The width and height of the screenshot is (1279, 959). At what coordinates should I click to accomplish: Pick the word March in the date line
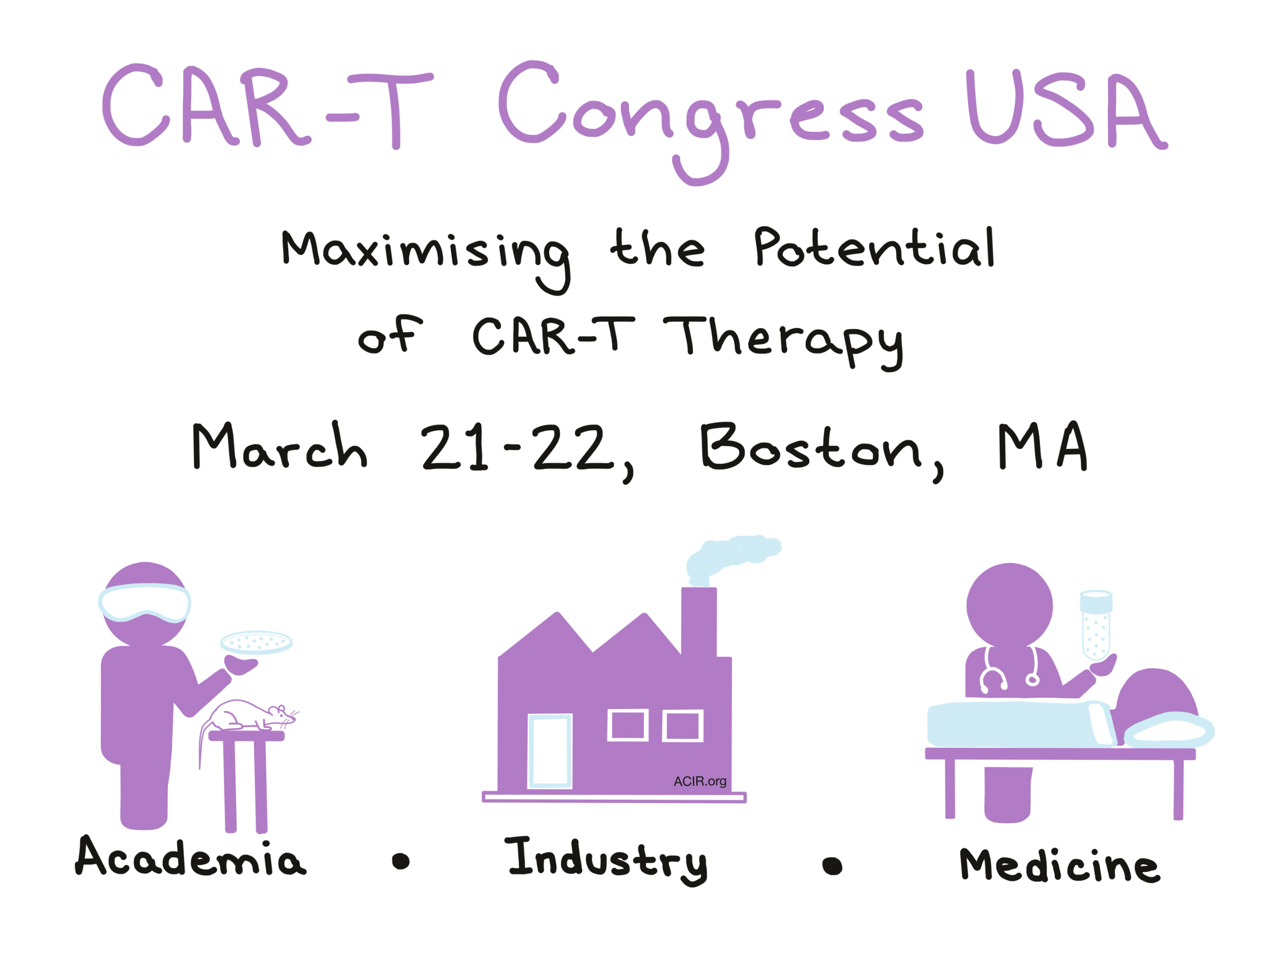click(x=280, y=445)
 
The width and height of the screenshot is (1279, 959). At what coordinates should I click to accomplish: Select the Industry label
click(x=607, y=861)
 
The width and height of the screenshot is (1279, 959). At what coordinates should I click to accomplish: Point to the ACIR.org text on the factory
click(x=699, y=782)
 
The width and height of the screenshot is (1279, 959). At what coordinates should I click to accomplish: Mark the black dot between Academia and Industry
click(x=401, y=861)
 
